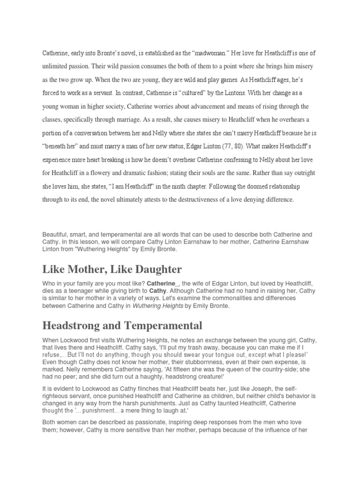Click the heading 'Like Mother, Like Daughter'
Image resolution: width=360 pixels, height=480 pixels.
click(x=112, y=269)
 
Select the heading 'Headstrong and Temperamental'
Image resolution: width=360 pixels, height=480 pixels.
click(x=122, y=325)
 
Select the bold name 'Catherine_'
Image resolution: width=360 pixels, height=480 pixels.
click(x=163, y=284)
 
